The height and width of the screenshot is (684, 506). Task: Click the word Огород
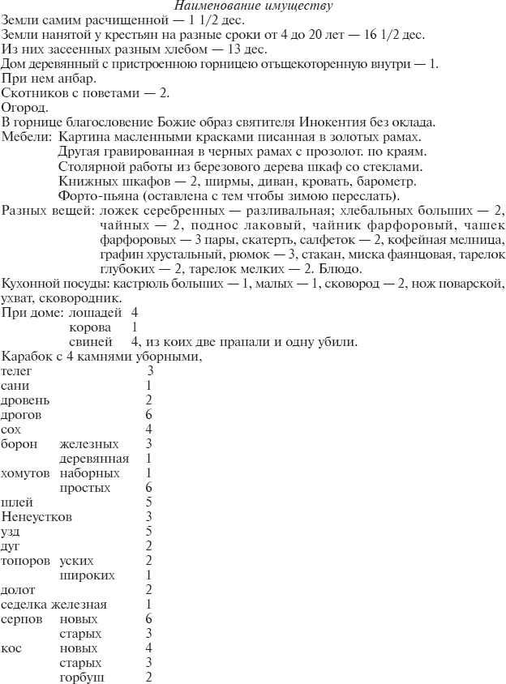(x=24, y=107)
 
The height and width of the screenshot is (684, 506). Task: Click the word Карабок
(x=27, y=356)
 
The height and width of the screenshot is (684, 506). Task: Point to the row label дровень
(x=25, y=400)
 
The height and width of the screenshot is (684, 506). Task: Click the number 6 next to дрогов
(x=149, y=414)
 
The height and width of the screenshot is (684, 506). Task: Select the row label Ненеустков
(x=36, y=516)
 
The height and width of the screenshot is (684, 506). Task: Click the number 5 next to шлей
(x=149, y=502)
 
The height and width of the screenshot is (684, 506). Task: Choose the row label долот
(x=19, y=589)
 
